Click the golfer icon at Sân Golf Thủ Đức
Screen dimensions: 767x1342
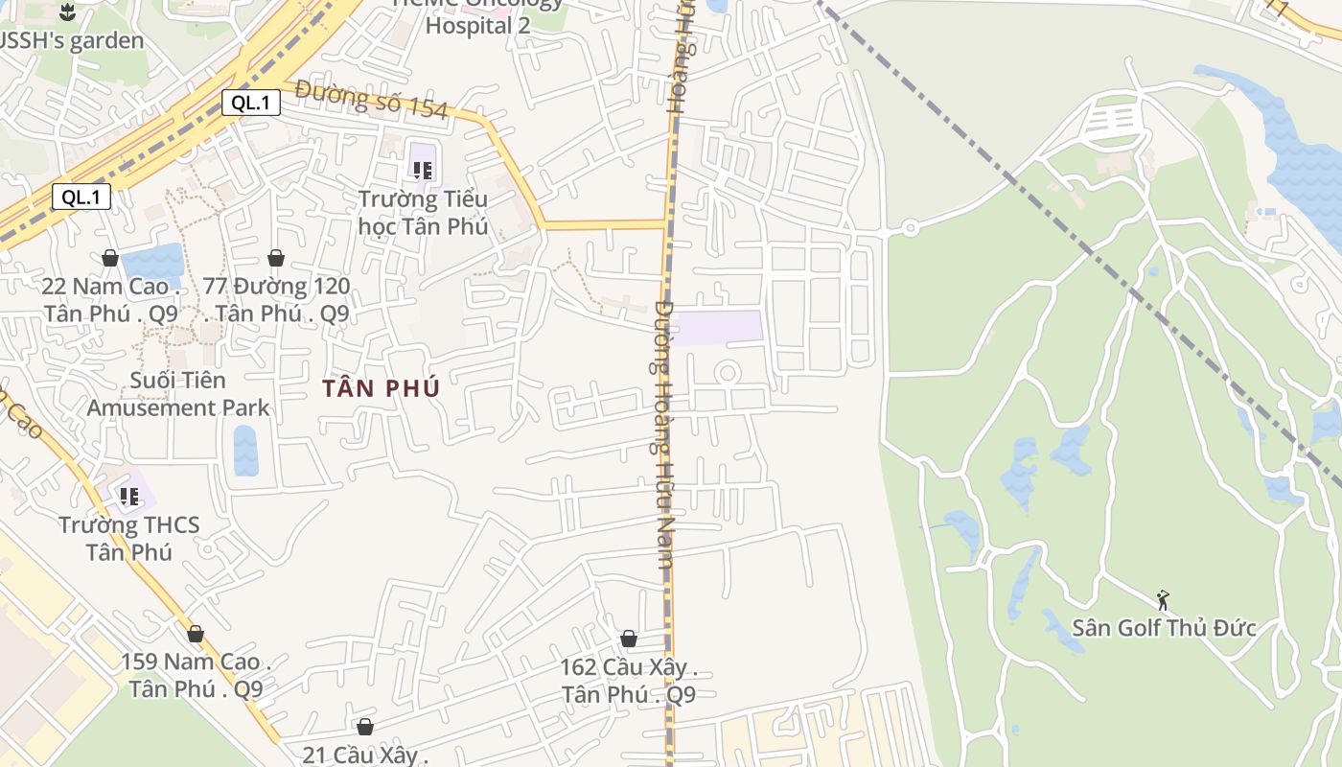coord(1163,600)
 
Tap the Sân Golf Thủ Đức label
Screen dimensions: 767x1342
coord(1163,628)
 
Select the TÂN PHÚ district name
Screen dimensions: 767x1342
coord(381,388)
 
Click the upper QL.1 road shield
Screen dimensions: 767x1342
coord(251,103)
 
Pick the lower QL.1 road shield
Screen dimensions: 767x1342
coord(81,198)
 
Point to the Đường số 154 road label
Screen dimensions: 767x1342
coord(372,99)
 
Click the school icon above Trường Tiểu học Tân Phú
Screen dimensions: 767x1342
coord(422,171)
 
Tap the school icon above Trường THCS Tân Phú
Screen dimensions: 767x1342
coord(129,496)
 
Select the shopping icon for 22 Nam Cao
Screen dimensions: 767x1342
coord(110,258)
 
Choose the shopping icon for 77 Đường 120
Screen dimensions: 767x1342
coord(276,258)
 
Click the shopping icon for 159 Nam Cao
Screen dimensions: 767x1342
coord(196,634)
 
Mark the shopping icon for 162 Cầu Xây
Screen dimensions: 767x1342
coord(629,639)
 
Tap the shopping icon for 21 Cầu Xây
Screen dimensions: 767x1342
coord(364,728)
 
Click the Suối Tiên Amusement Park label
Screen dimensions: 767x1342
coord(178,394)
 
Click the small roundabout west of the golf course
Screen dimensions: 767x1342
coord(910,228)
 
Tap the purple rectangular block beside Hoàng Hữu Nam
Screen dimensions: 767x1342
coord(720,327)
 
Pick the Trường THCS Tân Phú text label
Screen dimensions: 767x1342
coord(128,538)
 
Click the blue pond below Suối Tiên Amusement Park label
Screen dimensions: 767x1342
coord(246,450)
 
